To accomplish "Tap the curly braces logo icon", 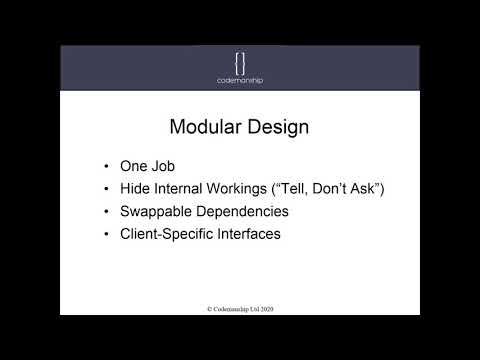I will coord(240,61).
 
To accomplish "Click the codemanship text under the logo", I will coord(240,81).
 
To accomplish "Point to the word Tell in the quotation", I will coord(312,188).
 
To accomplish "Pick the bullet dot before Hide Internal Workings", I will coord(107,188).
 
